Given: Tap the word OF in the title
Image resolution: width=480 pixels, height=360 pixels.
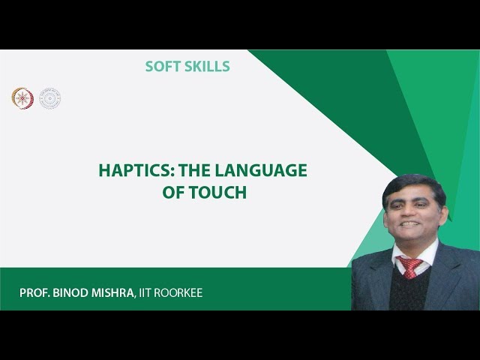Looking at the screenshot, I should tap(173, 192).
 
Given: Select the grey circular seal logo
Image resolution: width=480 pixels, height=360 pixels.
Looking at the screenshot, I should tap(49, 97).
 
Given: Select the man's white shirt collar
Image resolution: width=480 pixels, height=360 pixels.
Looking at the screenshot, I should tap(424, 253).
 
